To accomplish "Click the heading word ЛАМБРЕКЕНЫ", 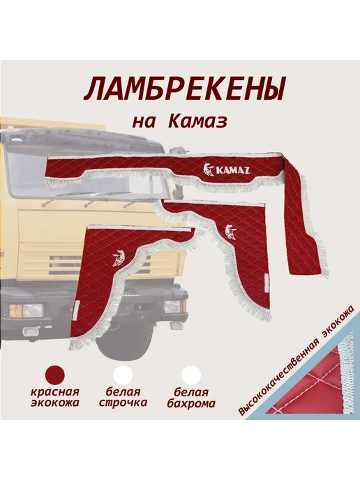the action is coord(184,89).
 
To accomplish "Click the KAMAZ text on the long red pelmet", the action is coord(232,170).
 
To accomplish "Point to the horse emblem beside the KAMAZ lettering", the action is coord(209,171).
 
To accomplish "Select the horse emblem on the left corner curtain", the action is coord(118,260).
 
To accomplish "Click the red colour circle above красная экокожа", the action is coord(55,374).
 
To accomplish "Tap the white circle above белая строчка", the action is coord(123,375).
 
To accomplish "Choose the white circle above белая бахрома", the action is coord(191,375).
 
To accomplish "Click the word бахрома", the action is coord(191,403).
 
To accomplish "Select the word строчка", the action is coord(123,403).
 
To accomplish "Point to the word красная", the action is coord(55,392).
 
